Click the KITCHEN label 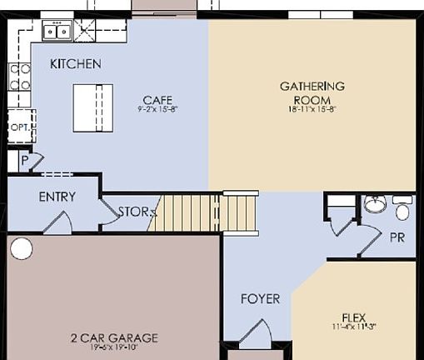[x=75, y=64]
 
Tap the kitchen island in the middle [x=92, y=108]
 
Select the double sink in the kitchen [x=57, y=32]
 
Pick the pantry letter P [x=24, y=159]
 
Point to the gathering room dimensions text [x=312, y=108]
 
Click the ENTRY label [x=57, y=197]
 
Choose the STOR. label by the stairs [x=133, y=212]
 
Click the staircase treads [x=204, y=212]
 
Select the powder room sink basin [x=376, y=204]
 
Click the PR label [x=397, y=237]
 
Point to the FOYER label [x=260, y=298]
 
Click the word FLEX [x=354, y=317]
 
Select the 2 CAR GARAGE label [x=114, y=338]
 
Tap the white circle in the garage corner [x=21, y=248]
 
